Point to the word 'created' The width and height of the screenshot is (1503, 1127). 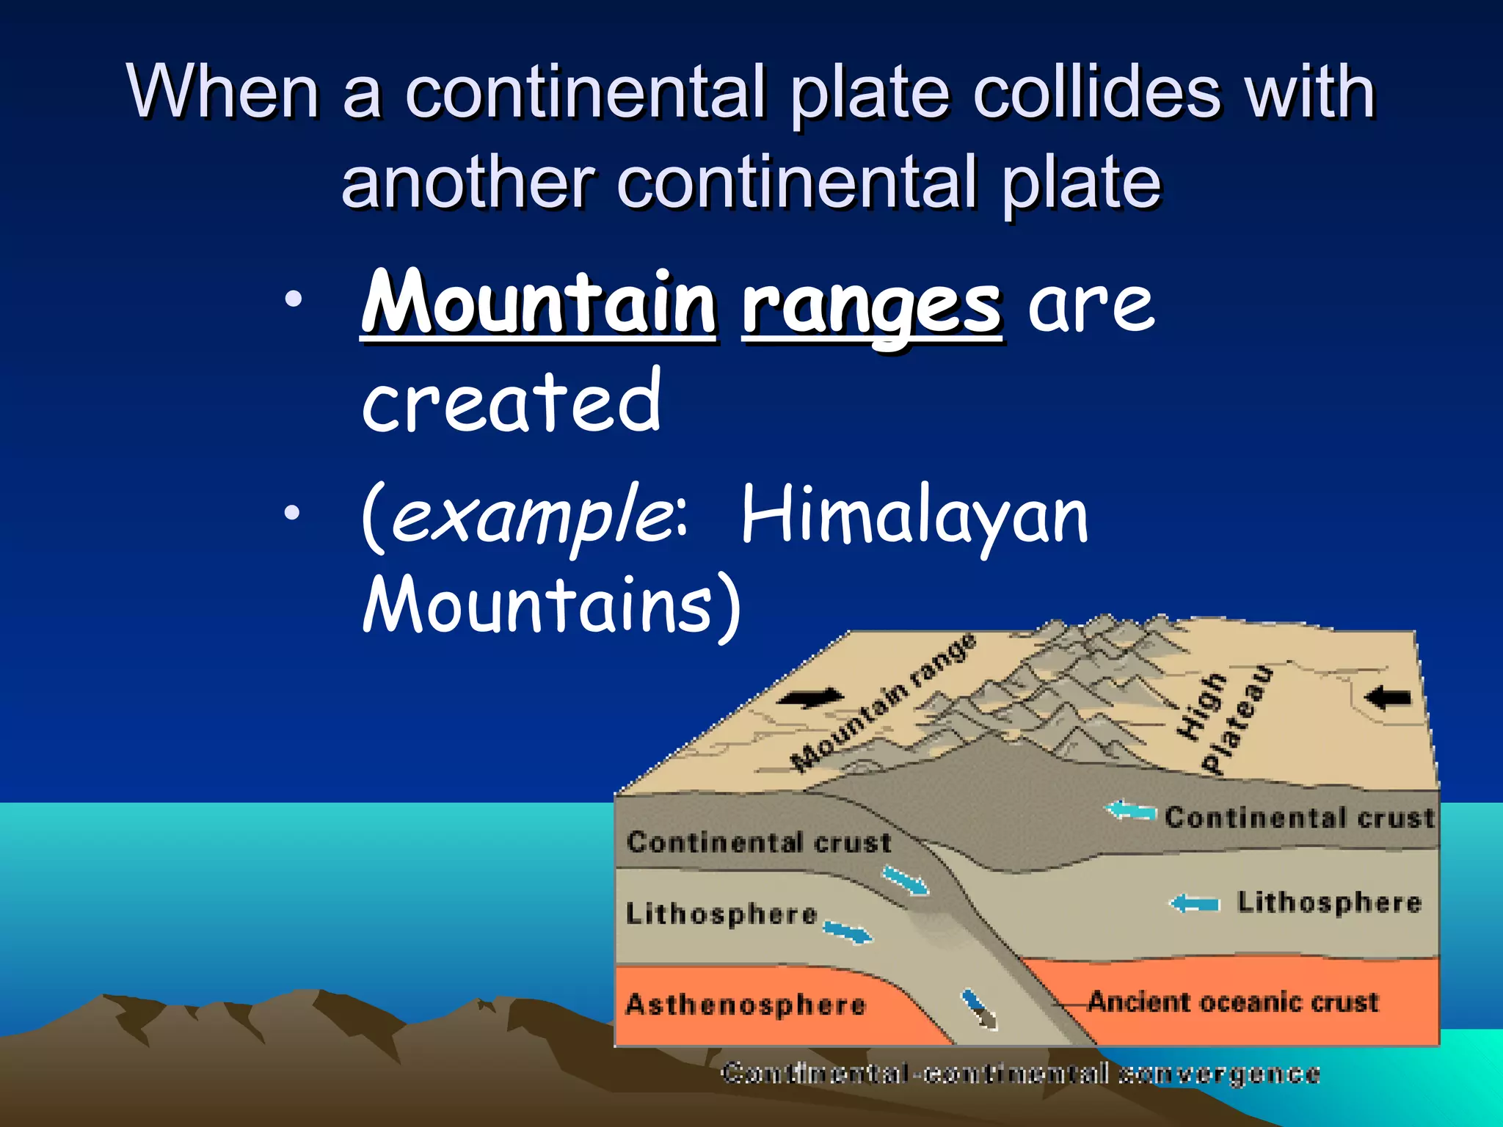pos(512,402)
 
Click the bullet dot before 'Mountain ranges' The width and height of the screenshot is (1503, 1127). pos(293,299)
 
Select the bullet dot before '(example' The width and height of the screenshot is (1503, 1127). pos(293,513)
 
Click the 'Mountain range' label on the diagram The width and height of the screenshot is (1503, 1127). pos(884,703)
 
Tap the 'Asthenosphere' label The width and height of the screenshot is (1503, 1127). pos(746,1004)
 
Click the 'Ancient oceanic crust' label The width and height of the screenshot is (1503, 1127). pos(1233,1002)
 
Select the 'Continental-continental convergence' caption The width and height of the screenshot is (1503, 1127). pos(1020,1073)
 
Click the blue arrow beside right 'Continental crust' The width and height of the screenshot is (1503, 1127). pos(1130,811)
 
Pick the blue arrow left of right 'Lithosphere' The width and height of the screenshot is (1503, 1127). pos(1195,903)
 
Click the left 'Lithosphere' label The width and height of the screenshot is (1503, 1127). pos(721,914)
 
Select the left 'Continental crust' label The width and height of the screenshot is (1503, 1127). pos(759,842)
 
